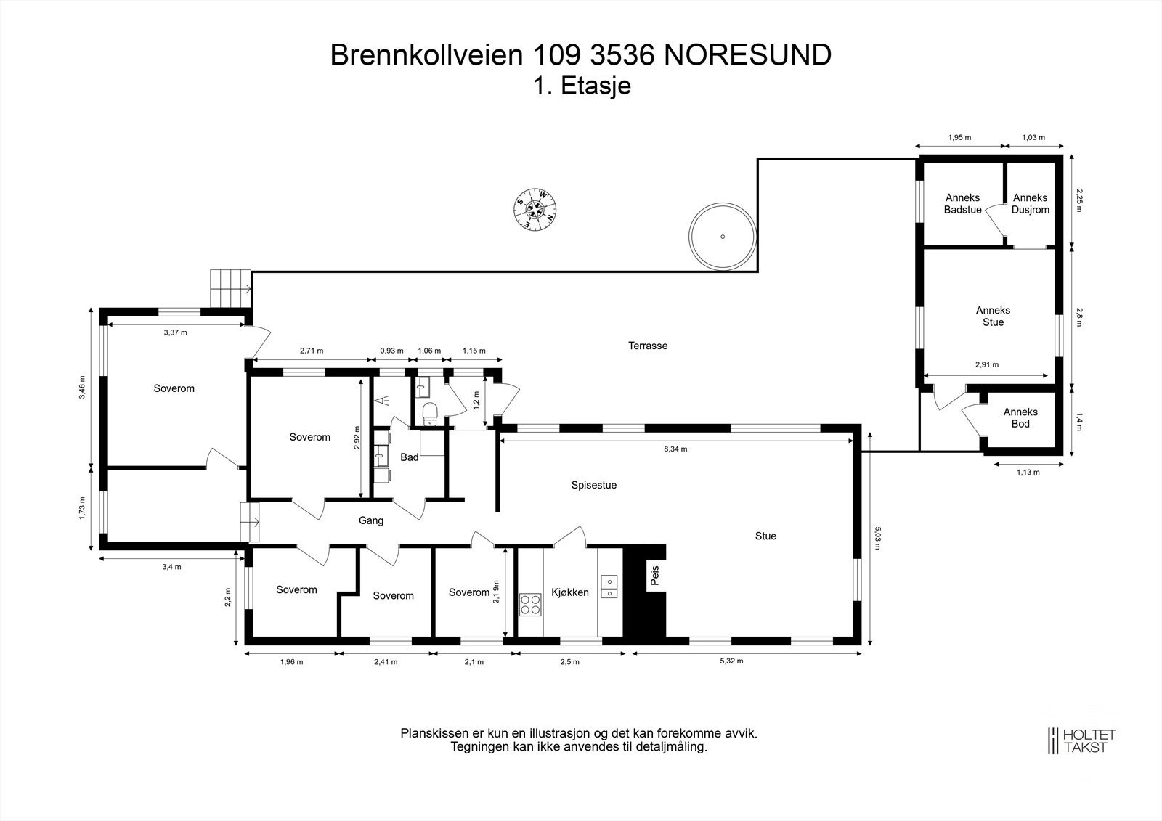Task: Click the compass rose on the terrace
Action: (535, 209)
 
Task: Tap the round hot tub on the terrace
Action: (723, 236)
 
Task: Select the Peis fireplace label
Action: (654, 576)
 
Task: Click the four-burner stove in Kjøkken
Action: (530, 604)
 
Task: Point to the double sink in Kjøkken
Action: (609, 587)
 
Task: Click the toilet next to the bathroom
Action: (430, 413)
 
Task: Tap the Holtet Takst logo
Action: (1081, 740)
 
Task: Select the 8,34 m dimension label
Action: (675, 449)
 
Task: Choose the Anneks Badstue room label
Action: (962, 204)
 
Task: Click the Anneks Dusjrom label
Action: (1030, 204)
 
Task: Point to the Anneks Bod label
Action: (1020, 418)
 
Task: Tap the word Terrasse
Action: (648, 346)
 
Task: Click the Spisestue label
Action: (593, 485)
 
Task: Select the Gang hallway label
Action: (371, 520)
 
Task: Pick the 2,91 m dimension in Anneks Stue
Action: (987, 365)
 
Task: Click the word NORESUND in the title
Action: (747, 55)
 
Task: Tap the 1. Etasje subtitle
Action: (582, 86)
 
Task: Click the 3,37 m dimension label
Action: (175, 332)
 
